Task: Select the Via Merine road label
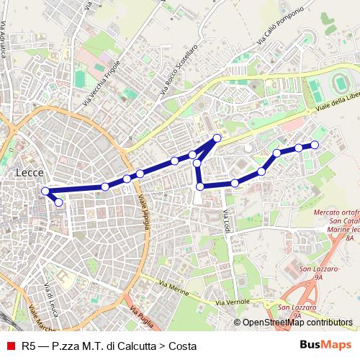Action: (x=176, y=288)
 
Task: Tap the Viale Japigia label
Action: (x=146, y=213)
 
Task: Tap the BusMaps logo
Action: (x=325, y=345)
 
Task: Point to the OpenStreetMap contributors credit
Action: (x=297, y=323)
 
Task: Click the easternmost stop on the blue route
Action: (x=314, y=145)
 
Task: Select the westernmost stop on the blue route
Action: (x=45, y=191)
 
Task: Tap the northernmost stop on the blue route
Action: (x=217, y=138)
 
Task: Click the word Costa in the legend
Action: (x=184, y=346)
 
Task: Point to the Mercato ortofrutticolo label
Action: (x=337, y=213)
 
